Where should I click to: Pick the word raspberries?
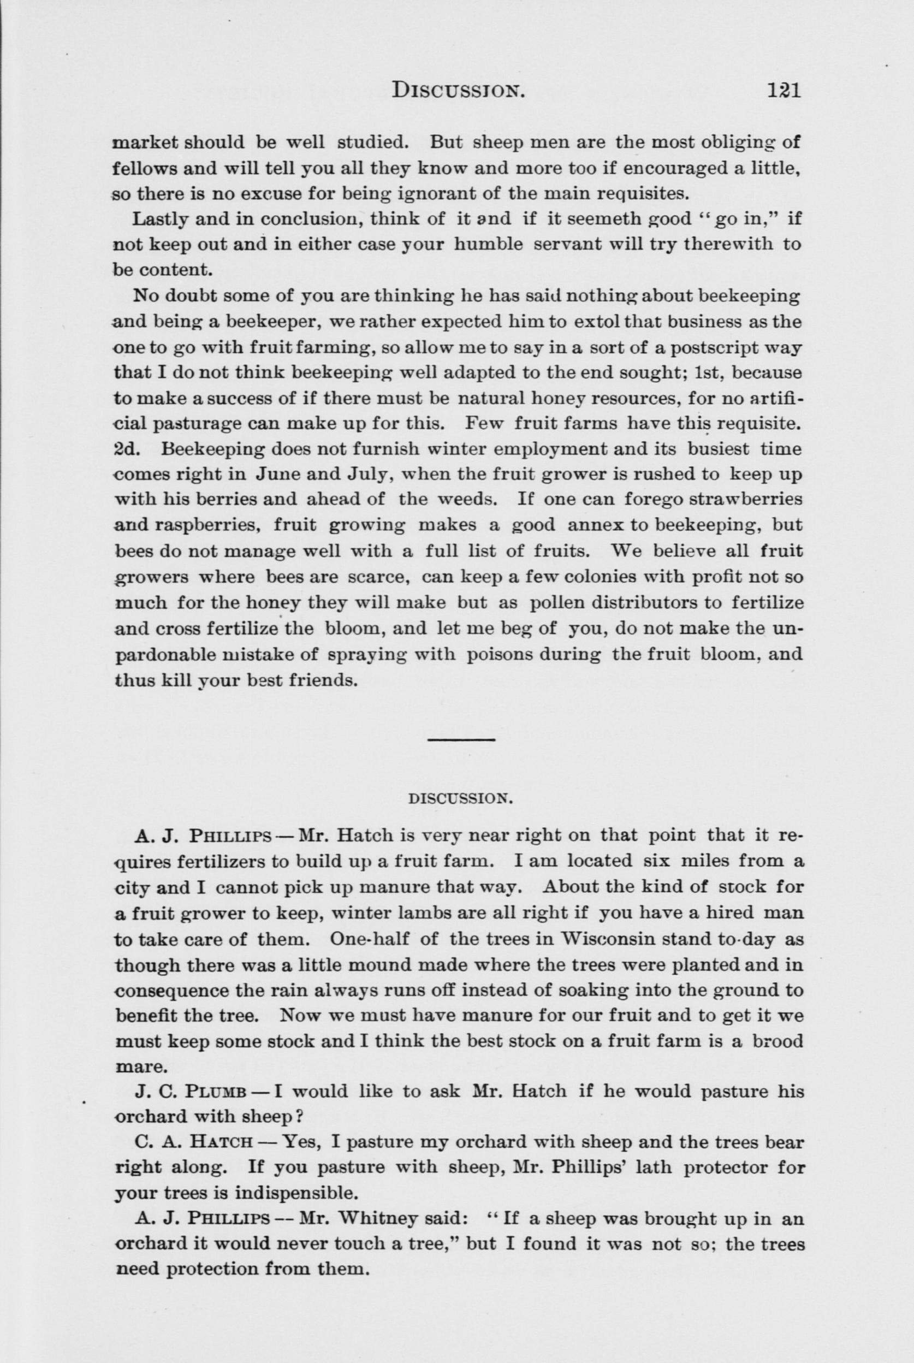(205, 525)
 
